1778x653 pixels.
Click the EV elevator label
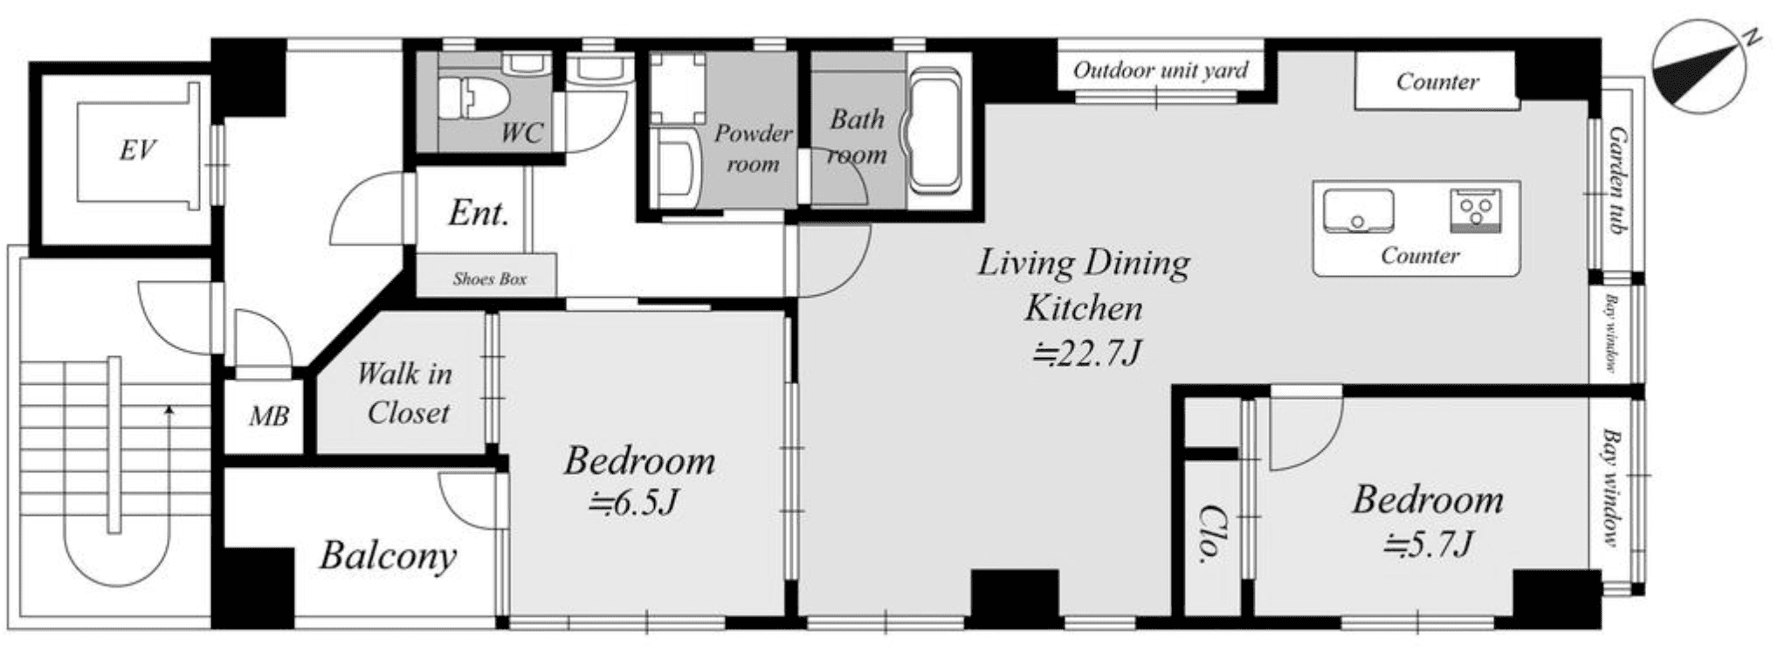[x=137, y=150]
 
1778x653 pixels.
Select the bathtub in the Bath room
[x=935, y=131]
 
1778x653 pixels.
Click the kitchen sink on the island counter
[x=1358, y=210]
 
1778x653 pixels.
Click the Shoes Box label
[x=489, y=279]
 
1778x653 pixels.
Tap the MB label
[x=268, y=416]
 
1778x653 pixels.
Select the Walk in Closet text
[x=405, y=394]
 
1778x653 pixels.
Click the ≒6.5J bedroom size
[x=633, y=503]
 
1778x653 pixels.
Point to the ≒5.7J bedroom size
[x=1429, y=543]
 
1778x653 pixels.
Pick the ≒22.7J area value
[x=1086, y=354]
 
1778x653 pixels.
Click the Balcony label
[x=388, y=556]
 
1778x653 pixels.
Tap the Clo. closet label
[x=1209, y=533]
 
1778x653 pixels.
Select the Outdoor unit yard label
[x=1161, y=70]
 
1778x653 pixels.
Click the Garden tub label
[x=1616, y=181]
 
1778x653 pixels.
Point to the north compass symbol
[x=1697, y=67]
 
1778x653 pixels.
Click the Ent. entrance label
[x=479, y=212]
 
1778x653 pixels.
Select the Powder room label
[x=753, y=148]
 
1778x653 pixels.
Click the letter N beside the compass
[x=1752, y=61]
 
